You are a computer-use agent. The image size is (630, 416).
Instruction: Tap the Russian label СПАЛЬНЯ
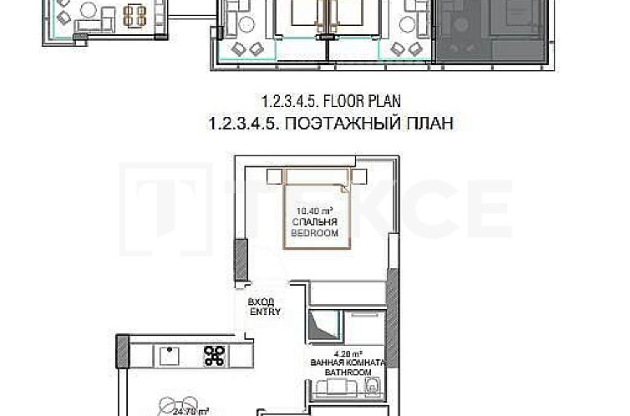314,223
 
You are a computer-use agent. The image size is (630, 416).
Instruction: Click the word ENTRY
265,312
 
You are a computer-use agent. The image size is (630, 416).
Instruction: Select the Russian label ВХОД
261,302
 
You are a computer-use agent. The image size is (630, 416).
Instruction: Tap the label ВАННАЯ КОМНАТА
345,363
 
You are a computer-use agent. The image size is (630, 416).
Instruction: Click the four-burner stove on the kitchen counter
214,356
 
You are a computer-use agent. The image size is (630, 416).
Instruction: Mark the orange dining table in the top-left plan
134,14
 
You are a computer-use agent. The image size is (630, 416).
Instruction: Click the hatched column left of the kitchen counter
122,352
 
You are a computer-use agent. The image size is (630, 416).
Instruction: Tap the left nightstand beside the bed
275,176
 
